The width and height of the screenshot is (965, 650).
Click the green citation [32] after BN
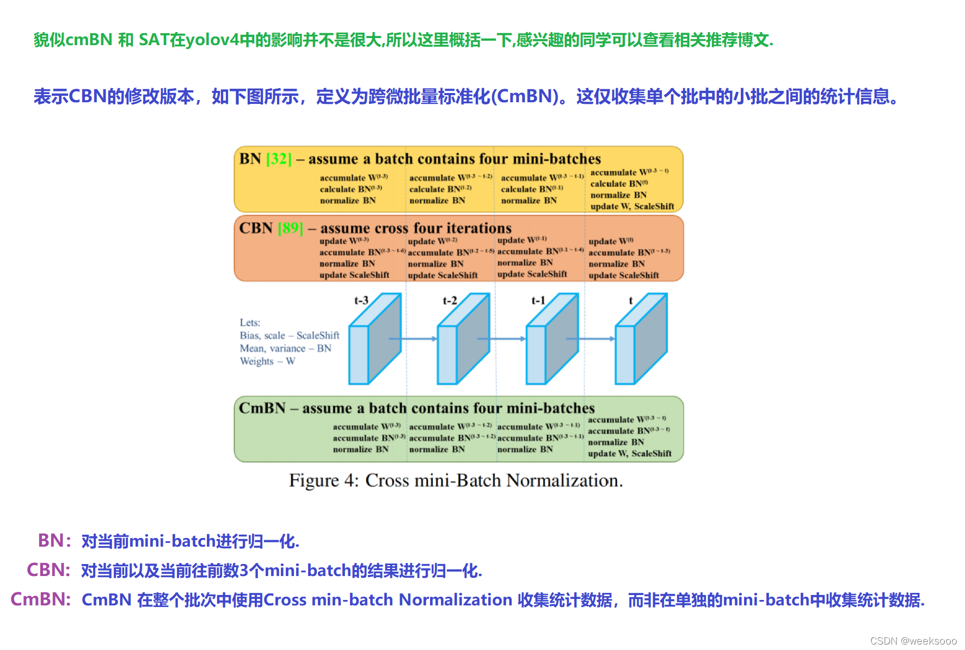tap(279, 159)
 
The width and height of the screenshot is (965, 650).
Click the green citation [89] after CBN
tap(290, 228)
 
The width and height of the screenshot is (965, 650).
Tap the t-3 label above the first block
tap(361, 300)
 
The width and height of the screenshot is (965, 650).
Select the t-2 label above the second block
tap(450, 300)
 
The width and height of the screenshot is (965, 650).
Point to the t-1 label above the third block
tap(538, 300)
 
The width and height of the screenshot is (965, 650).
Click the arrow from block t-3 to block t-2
tap(413, 338)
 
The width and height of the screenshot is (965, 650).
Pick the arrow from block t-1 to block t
tap(590, 338)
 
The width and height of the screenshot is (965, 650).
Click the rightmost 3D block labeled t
tap(640, 339)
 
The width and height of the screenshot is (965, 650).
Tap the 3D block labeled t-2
tap(463, 339)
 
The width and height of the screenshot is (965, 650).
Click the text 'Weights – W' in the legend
tap(267, 361)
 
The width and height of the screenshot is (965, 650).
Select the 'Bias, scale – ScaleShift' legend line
tap(290, 335)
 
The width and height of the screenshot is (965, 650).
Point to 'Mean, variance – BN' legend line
tap(285, 348)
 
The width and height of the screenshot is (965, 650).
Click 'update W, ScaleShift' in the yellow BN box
tap(632, 206)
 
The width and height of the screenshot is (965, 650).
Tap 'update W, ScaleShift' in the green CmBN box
tap(629, 453)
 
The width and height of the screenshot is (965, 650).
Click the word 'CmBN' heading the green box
tap(262, 408)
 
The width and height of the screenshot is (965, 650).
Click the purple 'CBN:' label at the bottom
tap(48, 570)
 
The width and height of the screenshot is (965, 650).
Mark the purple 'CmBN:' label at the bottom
tap(41, 599)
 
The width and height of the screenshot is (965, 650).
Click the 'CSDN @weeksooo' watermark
tap(913, 641)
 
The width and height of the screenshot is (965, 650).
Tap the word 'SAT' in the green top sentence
tap(154, 40)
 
